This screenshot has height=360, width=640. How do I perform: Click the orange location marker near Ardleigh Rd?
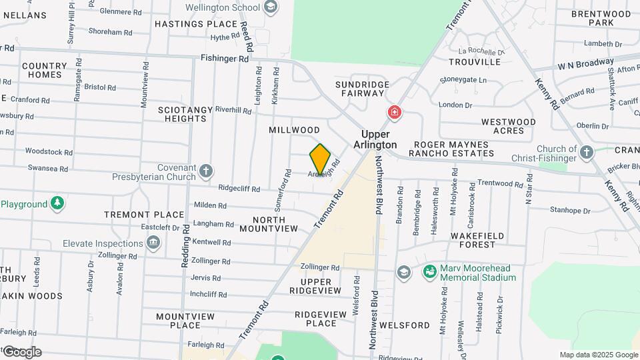point(320,159)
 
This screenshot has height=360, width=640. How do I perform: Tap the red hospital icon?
point(395,112)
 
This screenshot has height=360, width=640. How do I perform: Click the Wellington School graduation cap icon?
point(270,7)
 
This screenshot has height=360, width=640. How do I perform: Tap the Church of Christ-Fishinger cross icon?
point(586,153)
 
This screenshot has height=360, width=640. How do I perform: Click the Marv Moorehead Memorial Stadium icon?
point(429,272)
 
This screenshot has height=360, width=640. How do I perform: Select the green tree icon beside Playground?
point(57,204)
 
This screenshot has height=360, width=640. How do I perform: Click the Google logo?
point(21,352)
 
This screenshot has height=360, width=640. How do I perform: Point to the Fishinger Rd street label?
point(225,59)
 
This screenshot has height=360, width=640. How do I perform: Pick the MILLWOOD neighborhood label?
point(295,130)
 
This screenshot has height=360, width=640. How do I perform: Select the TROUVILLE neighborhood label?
point(475,62)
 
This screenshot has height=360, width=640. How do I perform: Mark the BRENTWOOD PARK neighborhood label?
point(591,18)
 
